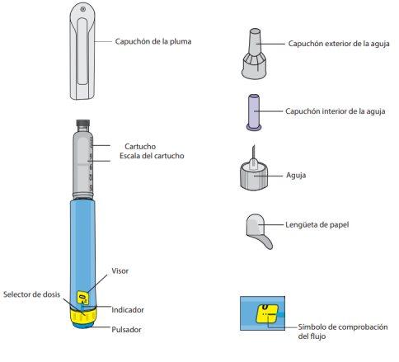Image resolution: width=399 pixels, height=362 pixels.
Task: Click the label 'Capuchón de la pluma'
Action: pos(153,41)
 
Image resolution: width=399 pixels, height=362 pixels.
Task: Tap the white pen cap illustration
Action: pos(82,51)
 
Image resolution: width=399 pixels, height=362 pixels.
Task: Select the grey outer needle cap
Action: pos(254,54)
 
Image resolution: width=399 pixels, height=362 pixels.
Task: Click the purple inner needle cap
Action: pos(254,112)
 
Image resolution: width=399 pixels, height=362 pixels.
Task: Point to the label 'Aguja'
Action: pos(296,175)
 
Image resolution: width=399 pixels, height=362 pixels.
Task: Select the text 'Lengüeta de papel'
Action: pos(317,224)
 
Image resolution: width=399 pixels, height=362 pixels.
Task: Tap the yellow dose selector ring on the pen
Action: pos(83,316)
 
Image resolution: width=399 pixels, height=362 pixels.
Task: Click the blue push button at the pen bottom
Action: pos(83,325)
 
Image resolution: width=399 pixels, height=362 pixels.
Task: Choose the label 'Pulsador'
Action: pos(126,329)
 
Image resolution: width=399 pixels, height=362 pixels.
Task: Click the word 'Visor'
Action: pos(120,270)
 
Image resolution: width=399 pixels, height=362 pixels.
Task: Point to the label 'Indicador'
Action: pos(128,310)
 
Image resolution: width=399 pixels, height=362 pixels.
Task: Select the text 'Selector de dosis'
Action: pos(31,294)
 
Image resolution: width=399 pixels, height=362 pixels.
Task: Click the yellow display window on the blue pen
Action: pos(83,298)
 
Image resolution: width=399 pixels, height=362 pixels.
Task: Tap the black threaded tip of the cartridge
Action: pos(82,126)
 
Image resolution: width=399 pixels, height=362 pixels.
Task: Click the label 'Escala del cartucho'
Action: pos(152,156)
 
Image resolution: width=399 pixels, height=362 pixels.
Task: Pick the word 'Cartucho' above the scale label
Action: pos(140,146)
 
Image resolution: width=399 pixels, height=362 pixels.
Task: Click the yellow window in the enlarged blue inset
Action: pos(266,313)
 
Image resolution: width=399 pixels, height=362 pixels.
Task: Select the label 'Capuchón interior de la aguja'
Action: pos(336,111)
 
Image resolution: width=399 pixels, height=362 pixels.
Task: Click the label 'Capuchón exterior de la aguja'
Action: pos(339,44)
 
